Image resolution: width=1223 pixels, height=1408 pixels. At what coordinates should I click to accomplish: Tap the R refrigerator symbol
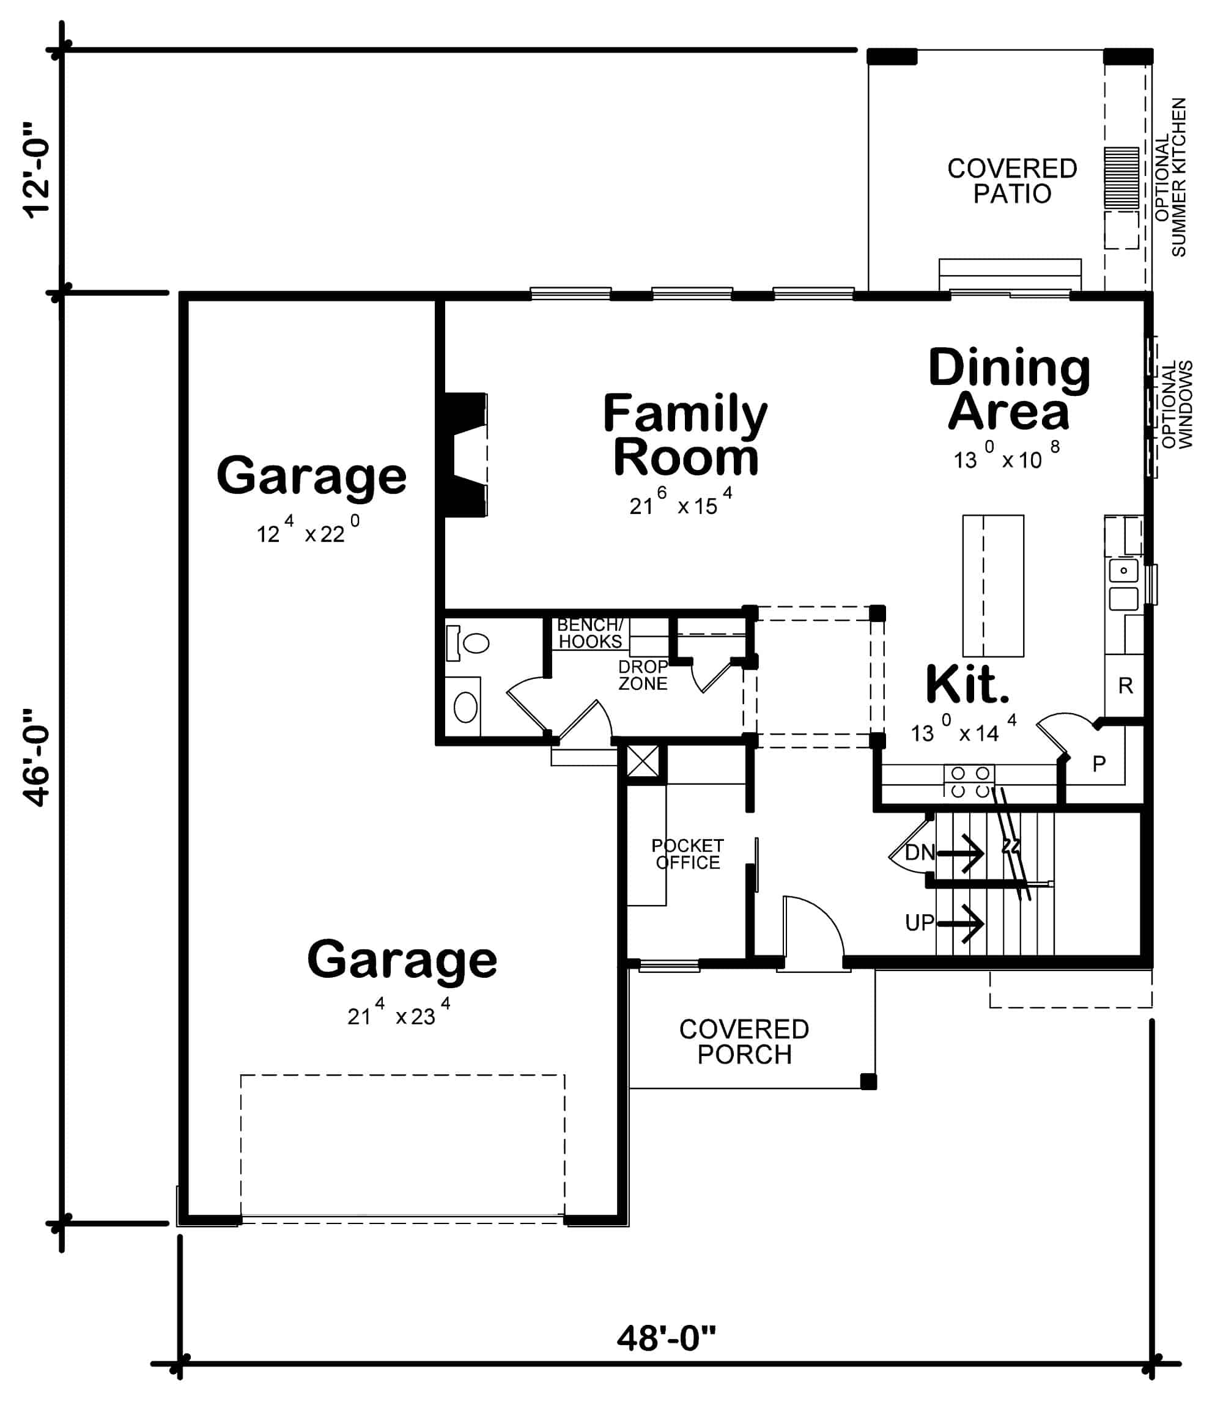coord(1125,685)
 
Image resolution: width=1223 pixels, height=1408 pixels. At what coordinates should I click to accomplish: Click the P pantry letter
coord(1099,763)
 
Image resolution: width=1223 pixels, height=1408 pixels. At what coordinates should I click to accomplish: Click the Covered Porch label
coord(744,1042)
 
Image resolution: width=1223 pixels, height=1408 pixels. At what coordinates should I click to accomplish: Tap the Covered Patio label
coord(1011,181)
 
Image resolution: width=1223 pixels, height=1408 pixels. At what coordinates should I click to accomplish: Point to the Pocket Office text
coord(687,854)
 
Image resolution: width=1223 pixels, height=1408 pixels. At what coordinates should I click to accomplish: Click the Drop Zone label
coord(643,675)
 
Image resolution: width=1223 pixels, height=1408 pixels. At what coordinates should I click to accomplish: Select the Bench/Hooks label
coord(590,633)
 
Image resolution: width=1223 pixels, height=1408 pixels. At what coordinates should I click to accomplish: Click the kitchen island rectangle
coord(993,585)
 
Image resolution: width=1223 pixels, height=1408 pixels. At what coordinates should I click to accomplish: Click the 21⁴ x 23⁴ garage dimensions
coord(399,1014)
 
